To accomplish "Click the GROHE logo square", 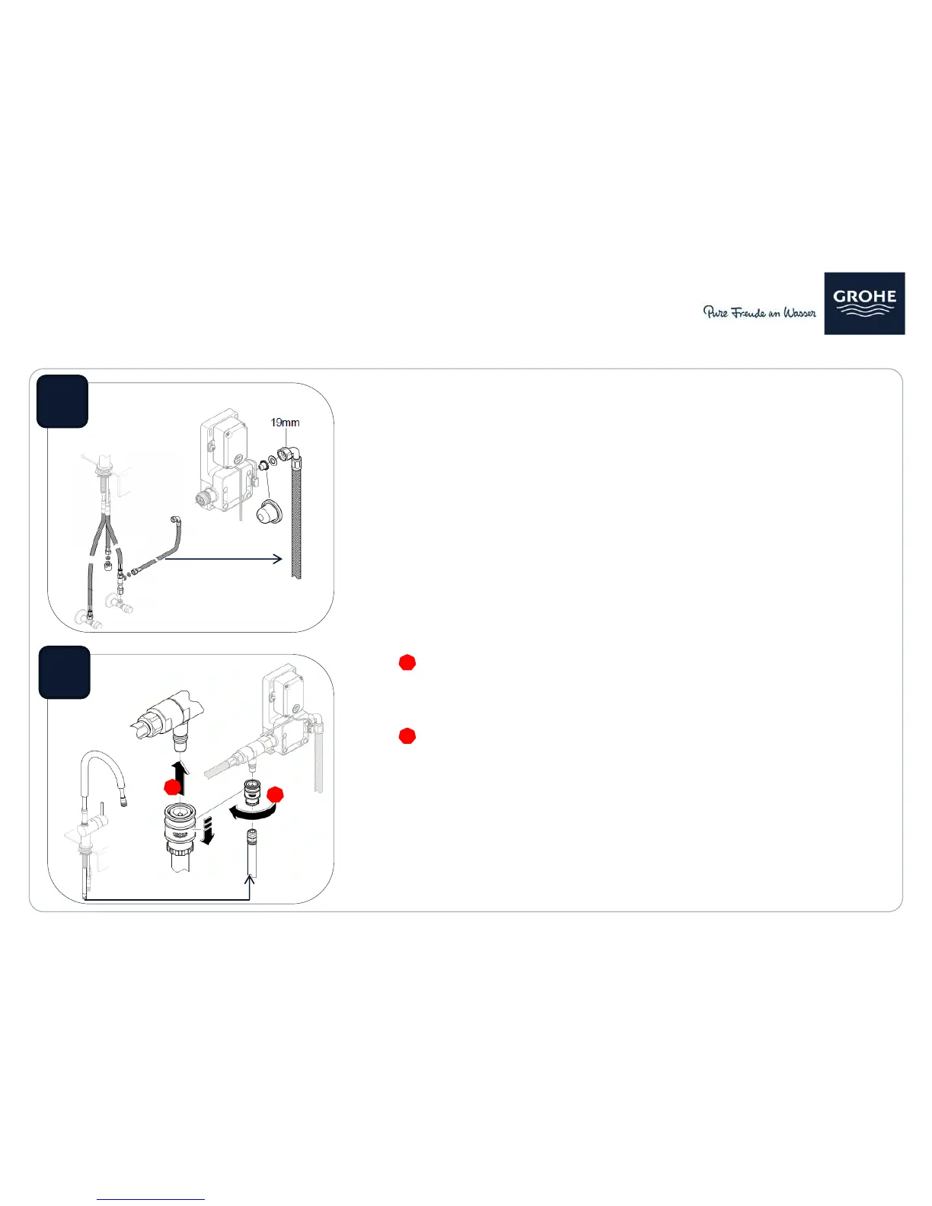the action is tap(864, 303).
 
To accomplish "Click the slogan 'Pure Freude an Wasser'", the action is tap(759, 312).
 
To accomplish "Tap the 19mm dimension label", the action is tap(285, 423).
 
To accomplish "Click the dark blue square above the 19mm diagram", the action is tap(62, 401).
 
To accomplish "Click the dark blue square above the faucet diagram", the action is tap(65, 672).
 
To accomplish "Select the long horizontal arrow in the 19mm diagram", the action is tap(224, 559).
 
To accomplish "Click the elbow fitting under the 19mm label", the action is tap(290, 457).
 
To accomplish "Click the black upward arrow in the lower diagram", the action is tap(179, 778).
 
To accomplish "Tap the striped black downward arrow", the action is tap(207, 831).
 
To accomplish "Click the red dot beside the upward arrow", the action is tap(173, 787).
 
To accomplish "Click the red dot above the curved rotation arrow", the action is tap(276, 795).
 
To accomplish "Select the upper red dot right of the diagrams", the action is tap(407, 662).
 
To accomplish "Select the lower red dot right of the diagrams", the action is tap(407, 736).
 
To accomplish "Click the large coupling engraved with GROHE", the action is tap(179, 831).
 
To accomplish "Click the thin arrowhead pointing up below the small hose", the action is tap(250, 879).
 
